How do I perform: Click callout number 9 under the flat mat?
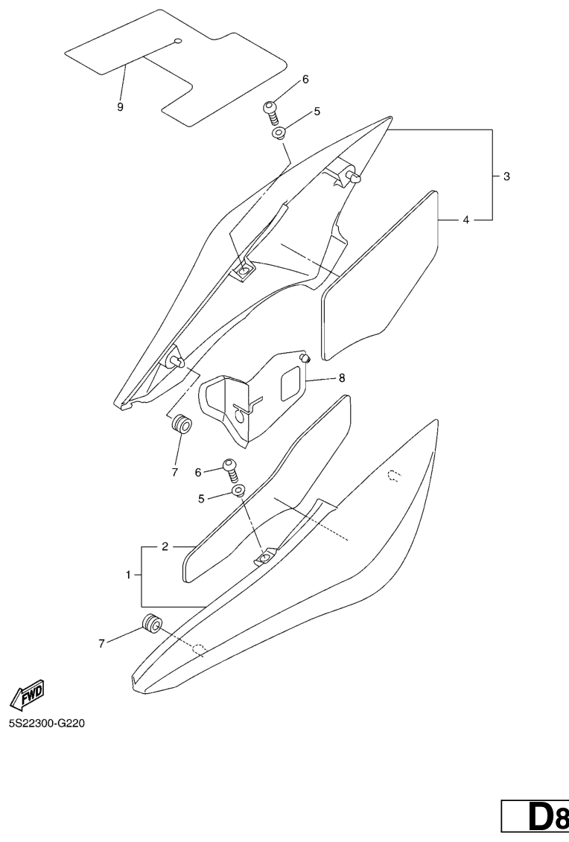[x=120, y=106]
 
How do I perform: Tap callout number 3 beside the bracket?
[x=506, y=176]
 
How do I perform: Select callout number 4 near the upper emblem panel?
[x=465, y=220]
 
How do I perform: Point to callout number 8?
[x=341, y=378]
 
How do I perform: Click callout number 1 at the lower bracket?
[x=129, y=575]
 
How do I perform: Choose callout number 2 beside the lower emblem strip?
[x=165, y=547]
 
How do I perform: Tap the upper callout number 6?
[x=305, y=79]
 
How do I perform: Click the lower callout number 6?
[x=198, y=472]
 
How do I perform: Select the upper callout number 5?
[x=317, y=112]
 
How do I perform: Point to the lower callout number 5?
[x=201, y=498]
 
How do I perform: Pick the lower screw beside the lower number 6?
[x=231, y=471]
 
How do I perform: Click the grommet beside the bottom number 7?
[x=150, y=623]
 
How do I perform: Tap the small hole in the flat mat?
[x=178, y=40]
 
